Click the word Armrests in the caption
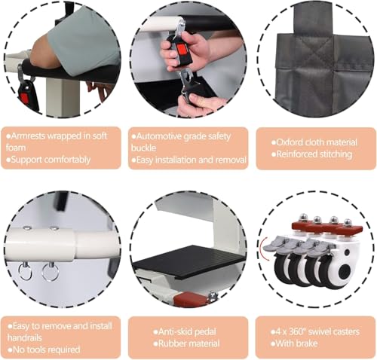point(29,136)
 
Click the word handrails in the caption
point(24,337)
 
